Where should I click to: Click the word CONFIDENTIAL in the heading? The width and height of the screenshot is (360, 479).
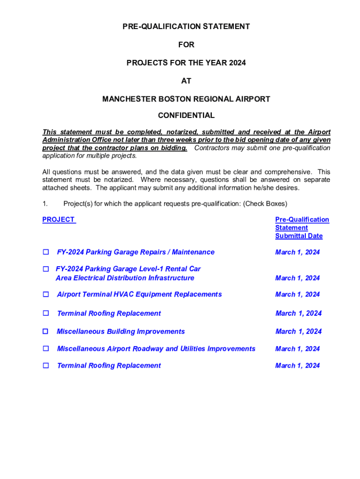[186, 116]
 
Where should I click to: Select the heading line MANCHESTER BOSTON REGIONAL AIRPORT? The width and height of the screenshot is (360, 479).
[186, 99]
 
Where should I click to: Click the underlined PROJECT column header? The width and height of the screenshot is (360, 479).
[58, 219]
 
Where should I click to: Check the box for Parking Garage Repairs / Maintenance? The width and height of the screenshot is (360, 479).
[46, 252]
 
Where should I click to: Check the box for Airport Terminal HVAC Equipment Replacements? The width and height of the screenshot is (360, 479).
[46, 294]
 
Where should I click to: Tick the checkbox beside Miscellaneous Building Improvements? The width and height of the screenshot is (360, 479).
[46, 331]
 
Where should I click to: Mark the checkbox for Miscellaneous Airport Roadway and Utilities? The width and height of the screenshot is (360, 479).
[46, 348]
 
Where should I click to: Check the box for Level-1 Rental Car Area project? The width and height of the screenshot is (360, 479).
[46, 269]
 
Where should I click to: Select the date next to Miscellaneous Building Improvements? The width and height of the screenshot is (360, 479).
[298, 331]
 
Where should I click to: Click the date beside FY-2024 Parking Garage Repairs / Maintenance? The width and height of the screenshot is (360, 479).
[297, 252]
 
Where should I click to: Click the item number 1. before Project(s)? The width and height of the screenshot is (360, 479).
[45, 203]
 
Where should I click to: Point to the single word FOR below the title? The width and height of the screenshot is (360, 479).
[186, 45]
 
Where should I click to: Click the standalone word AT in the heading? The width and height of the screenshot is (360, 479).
[186, 81]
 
